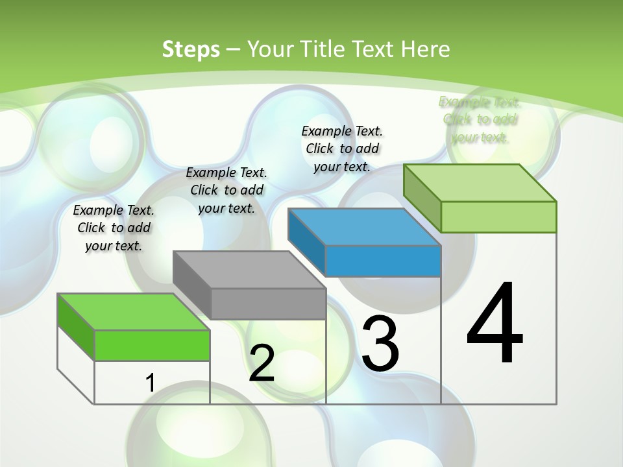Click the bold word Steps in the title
click(191, 49)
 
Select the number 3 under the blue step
click(380, 343)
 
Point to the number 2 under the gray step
click(262, 363)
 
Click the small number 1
click(150, 383)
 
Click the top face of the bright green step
click(134, 311)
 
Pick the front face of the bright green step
click(152, 345)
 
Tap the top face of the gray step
click(249, 269)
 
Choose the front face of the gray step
click(268, 304)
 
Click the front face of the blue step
click(383, 261)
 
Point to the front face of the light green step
click(498, 217)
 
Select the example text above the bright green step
click(114, 228)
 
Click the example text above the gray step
click(226, 190)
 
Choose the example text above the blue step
click(342, 149)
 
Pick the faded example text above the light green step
click(480, 119)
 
